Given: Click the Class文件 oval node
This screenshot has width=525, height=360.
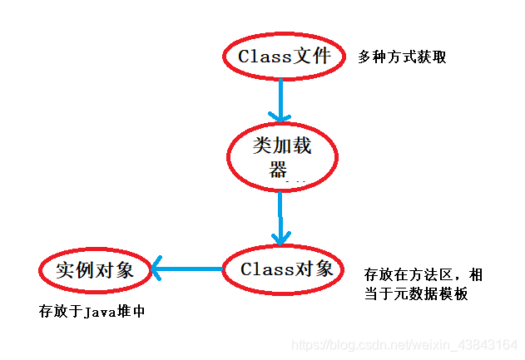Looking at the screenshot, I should click(282, 57).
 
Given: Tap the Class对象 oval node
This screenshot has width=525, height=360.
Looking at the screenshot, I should click(283, 269).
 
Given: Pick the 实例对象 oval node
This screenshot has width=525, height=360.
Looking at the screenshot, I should click(98, 269).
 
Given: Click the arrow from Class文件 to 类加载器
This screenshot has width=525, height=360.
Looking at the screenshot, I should click(281, 99).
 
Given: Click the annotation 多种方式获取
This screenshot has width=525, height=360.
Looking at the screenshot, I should click(403, 57).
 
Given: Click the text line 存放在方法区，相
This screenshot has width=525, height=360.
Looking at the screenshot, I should click(423, 274).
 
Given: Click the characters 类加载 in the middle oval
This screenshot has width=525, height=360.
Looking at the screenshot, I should click(281, 146).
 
